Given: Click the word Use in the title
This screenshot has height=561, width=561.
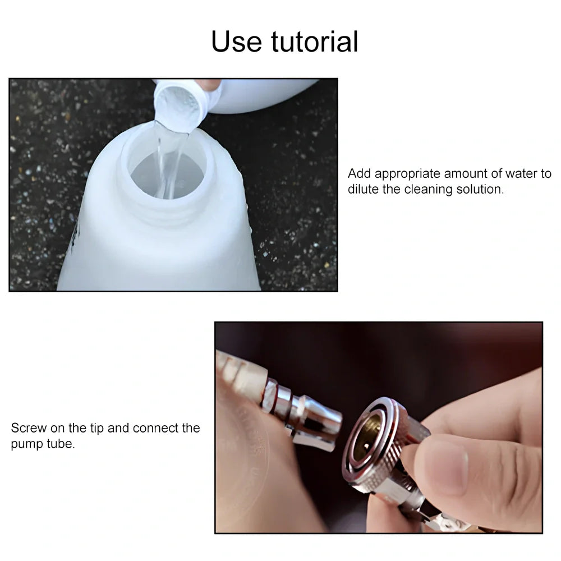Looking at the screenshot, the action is coord(237,42).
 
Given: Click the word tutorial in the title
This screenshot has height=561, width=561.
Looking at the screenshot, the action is coord(315,42).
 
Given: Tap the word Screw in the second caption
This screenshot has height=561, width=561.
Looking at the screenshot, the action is coord(29,428).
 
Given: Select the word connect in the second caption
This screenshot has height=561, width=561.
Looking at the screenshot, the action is coord(155,428).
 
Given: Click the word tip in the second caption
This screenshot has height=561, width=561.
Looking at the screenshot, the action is coord(96,428).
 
